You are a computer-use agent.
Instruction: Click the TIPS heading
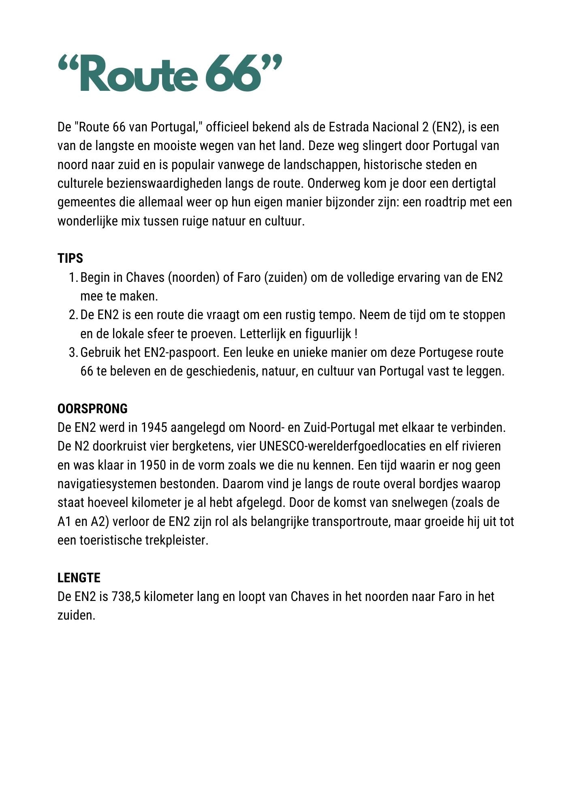70,259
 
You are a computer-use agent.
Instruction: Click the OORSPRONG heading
92,409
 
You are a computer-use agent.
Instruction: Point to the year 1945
154,428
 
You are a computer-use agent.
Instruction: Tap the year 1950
153,466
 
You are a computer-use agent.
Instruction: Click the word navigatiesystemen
107,484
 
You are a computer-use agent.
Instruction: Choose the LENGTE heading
79,578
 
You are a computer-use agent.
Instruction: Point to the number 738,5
126,597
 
